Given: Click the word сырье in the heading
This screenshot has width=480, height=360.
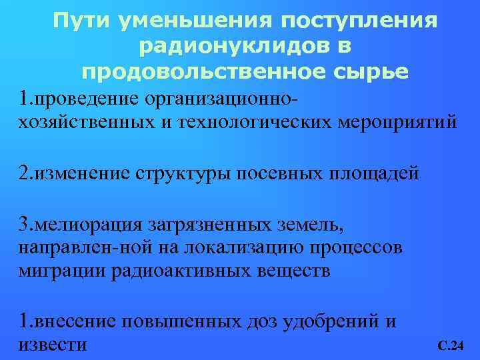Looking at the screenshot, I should coord(369,71).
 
